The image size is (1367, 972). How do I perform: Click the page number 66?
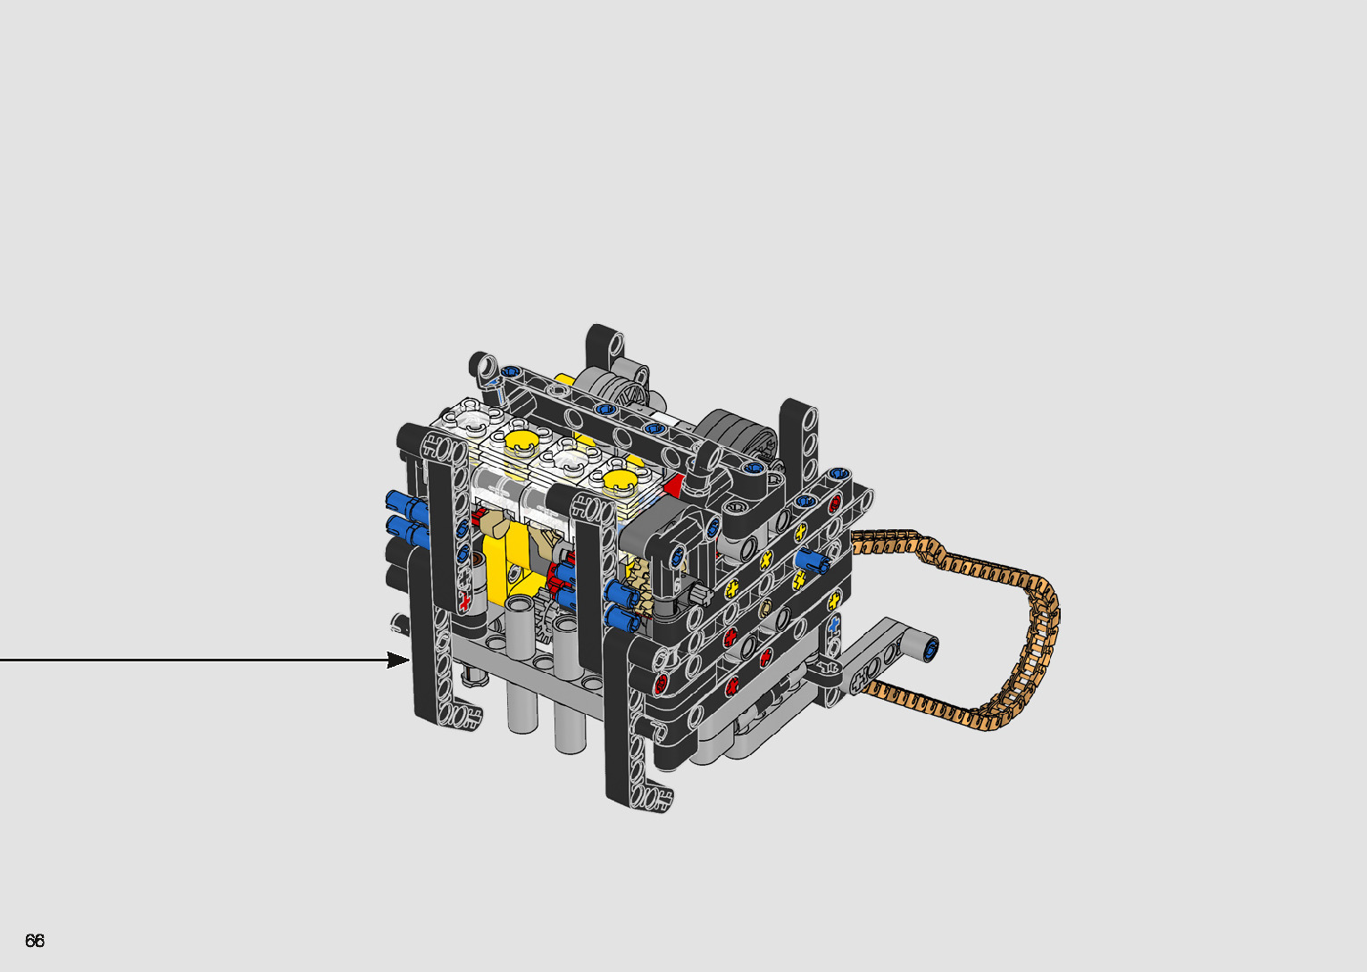tap(35, 940)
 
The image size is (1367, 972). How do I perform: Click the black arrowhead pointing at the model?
tap(398, 660)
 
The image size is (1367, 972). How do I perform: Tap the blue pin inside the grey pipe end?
tap(929, 649)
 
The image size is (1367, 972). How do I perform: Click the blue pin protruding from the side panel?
tap(810, 561)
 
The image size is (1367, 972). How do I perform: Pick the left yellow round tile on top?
tap(522, 441)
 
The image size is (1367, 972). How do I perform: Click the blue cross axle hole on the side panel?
tap(834, 623)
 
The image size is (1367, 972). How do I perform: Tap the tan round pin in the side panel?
tap(764, 608)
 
